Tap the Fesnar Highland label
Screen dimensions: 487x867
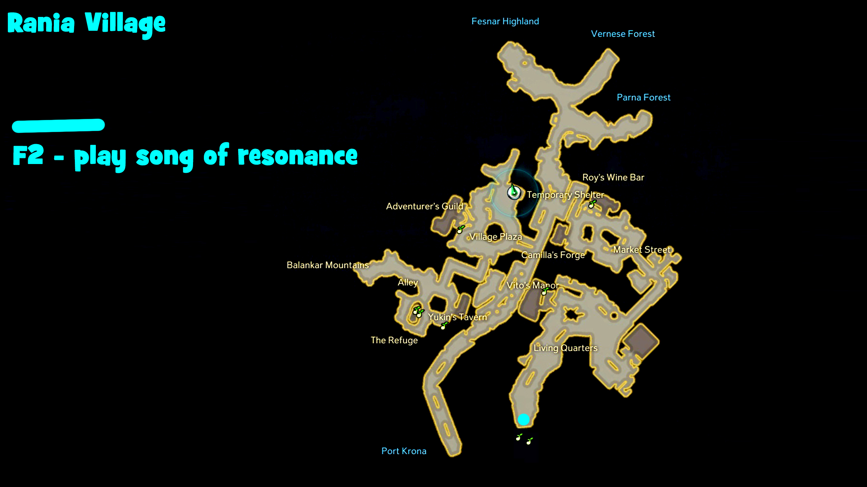pyautogui.click(x=505, y=21)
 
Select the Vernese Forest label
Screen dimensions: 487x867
pyautogui.click(x=622, y=34)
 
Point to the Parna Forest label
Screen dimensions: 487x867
pyautogui.click(x=643, y=97)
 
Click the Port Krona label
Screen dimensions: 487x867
pyautogui.click(x=404, y=451)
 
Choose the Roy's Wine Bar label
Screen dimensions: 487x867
pyautogui.click(x=613, y=178)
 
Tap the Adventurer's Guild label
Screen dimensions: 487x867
pyautogui.click(x=424, y=206)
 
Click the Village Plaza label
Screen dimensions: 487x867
pyautogui.click(x=495, y=237)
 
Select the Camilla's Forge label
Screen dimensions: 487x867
pyautogui.click(x=553, y=255)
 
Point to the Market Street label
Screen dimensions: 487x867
pyautogui.click(x=642, y=250)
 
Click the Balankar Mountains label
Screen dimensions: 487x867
pyautogui.click(x=327, y=265)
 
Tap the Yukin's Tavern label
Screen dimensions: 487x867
pyautogui.click(x=457, y=317)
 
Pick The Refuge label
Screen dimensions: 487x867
pyautogui.click(x=394, y=340)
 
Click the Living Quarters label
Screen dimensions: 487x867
pyautogui.click(x=565, y=348)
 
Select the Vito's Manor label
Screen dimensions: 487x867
pyautogui.click(x=532, y=285)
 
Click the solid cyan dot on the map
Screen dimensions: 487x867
pyautogui.click(x=524, y=419)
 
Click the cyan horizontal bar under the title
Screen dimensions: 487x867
pyautogui.click(x=58, y=125)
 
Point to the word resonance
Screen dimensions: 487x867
pyautogui.click(x=297, y=156)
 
